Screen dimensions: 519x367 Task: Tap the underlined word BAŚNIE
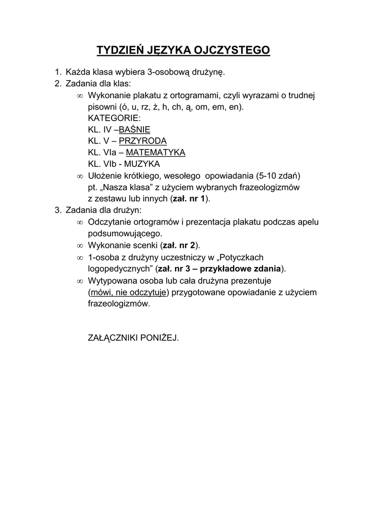134,129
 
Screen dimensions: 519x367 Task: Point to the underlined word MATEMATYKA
156,153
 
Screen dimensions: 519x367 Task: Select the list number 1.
58,71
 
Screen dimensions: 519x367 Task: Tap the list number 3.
58,210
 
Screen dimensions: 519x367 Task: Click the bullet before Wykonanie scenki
79,246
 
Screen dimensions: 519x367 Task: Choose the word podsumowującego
125,234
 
